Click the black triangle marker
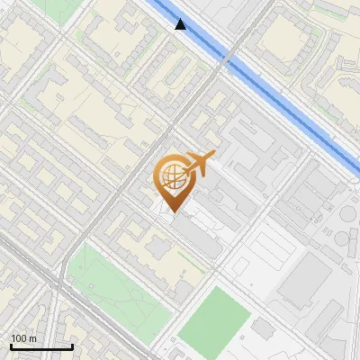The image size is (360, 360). click(182, 24)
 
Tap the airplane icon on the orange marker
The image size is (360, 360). click(199, 164)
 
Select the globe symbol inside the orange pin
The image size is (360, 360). click(172, 176)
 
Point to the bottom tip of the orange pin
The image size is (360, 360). click(173, 212)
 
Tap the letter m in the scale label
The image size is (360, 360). click(34, 338)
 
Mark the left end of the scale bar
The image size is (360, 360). click(11, 346)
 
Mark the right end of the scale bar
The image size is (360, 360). click(73, 346)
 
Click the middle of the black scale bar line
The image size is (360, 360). click(41, 346)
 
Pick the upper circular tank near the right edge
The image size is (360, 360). click(347, 215)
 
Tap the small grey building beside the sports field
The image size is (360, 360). click(262, 328)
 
